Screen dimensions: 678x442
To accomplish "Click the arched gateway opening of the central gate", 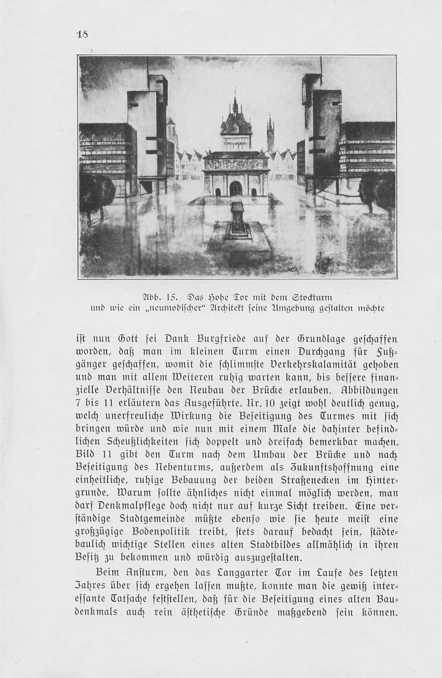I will (236, 188).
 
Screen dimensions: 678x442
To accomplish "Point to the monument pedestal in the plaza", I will (238, 221).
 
